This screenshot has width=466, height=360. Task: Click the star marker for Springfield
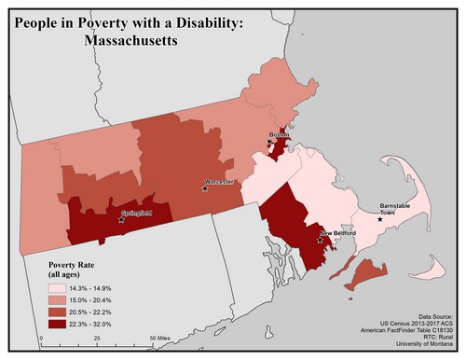tap(121, 221)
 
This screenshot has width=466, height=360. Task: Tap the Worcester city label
tap(220, 181)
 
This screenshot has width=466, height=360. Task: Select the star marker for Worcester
tap(205, 188)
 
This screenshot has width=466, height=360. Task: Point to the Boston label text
tap(279, 135)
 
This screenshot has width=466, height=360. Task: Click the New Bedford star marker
tap(321, 240)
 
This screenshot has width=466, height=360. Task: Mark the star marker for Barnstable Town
tap(379, 219)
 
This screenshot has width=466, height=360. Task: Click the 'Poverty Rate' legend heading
tap(73, 266)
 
